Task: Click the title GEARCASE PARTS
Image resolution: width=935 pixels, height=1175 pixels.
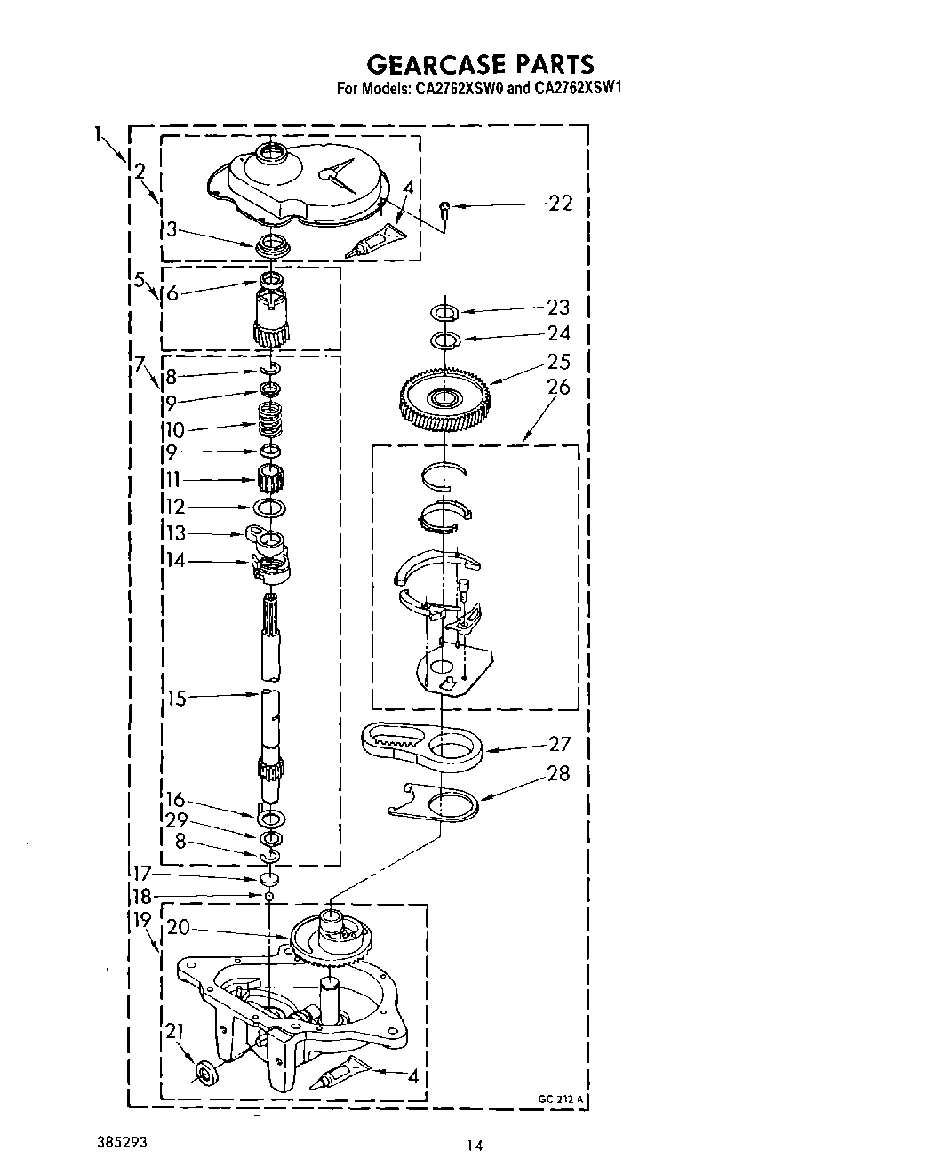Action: pos(480,64)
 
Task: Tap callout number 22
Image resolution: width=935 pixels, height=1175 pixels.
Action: pos(561,204)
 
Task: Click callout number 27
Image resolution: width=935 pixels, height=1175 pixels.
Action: pos(560,744)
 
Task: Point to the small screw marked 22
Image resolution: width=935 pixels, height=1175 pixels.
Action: pos(444,209)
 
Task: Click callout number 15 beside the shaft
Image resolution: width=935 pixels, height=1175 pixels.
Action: pos(177,699)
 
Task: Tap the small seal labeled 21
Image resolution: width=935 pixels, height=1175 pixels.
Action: pos(204,1075)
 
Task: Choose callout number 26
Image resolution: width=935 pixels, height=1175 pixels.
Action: pos(559,387)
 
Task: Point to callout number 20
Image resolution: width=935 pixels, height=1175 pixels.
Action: pos(178,927)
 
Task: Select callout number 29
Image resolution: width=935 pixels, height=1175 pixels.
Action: pos(176,820)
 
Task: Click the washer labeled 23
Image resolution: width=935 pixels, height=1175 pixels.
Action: pos(443,312)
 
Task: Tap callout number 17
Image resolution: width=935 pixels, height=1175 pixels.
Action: pos(142,874)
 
